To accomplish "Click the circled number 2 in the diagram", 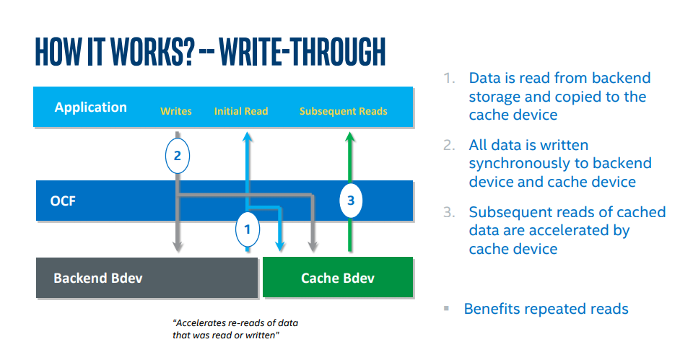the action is coord(178,156).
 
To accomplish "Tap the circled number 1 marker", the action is coord(248,229).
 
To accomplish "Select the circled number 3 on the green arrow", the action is coord(351,201).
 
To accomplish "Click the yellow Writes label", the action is coord(176,111).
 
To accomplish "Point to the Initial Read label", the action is coord(241,111).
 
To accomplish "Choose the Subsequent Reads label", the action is coord(344,111).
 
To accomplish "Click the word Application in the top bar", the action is coord(91,107).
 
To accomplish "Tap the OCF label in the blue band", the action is coord(63,201).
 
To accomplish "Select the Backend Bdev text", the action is coord(98,278).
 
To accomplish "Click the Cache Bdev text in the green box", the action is coord(338,278).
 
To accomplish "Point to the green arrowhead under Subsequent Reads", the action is coord(350,137).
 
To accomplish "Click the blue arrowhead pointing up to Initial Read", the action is coord(248,137).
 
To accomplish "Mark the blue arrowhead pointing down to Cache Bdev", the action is coord(279,246).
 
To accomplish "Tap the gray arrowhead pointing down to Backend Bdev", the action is coord(178,246).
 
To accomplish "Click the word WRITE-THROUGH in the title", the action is coord(302,52).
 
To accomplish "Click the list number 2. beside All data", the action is coord(449,145).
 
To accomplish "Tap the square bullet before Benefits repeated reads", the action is coord(446,308).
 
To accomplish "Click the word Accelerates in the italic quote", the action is coord(199,323).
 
